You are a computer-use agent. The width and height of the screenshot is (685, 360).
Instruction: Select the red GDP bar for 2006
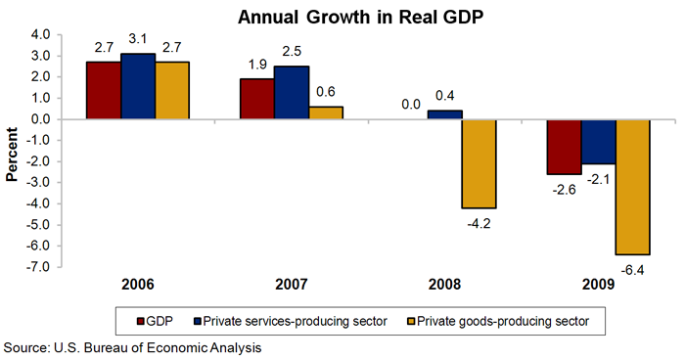point(103,90)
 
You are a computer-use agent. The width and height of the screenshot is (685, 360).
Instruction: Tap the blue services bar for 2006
point(137,86)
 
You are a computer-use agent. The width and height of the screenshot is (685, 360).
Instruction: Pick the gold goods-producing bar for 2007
point(326,112)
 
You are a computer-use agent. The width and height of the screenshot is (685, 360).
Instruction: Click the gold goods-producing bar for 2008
point(479,163)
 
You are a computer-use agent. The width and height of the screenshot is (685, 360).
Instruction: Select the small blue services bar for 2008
point(445,114)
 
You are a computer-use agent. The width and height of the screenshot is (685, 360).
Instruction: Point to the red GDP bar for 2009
point(565,147)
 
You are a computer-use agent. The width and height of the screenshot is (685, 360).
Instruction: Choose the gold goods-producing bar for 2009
point(632,186)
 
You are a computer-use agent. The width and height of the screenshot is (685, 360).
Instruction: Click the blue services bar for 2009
point(599,142)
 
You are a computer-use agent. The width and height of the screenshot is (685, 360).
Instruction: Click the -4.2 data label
point(479,221)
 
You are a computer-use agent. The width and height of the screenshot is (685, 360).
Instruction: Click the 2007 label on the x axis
point(292,286)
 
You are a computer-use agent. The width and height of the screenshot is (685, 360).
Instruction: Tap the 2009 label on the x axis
point(598,286)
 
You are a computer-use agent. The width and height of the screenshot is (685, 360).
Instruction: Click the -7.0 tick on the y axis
point(39,266)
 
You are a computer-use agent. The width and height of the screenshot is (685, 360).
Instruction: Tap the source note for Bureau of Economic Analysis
point(132,347)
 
